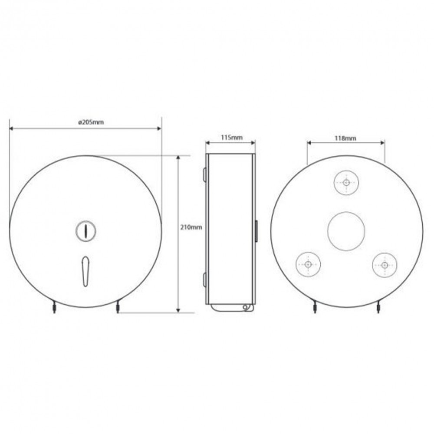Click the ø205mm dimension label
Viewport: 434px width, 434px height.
pyautogui.click(x=91, y=122)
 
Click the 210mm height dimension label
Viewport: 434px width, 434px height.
pyautogui.click(x=190, y=227)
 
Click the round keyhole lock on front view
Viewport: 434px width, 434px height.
pyautogui.click(x=85, y=230)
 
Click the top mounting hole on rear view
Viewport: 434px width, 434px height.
pyautogui.click(x=346, y=183)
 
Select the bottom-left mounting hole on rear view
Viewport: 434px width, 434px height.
pyautogui.click(x=308, y=264)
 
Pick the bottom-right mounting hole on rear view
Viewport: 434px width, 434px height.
pyautogui.click(x=385, y=264)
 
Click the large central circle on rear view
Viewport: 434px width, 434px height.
pyautogui.click(x=346, y=231)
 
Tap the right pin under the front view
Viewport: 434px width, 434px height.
pyautogui.click(x=117, y=309)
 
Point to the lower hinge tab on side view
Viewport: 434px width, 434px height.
pyautogui.click(x=204, y=280)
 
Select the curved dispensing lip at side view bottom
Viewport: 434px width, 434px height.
pyautogui.click(x=230, y=308)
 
